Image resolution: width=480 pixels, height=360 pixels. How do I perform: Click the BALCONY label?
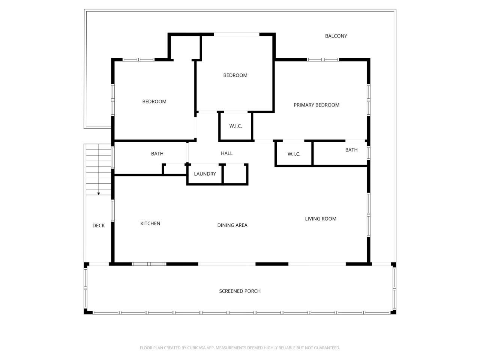336,36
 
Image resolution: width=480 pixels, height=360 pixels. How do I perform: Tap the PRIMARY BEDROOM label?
316,105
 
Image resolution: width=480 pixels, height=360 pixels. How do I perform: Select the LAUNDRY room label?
205,174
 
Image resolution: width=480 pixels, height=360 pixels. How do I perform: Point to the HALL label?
226,153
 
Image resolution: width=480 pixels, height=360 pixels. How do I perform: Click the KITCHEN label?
150,223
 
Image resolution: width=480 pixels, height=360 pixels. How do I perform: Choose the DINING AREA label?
232,225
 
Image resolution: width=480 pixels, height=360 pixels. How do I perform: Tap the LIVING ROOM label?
321,219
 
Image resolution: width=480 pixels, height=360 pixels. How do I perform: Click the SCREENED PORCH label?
240,291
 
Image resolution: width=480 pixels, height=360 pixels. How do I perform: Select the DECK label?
99,226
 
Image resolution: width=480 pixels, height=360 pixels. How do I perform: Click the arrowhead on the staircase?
99,193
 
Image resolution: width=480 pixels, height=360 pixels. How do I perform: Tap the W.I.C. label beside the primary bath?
294,154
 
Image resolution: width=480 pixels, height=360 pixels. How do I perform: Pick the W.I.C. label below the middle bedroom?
235,126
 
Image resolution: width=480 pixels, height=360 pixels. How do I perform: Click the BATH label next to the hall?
157,154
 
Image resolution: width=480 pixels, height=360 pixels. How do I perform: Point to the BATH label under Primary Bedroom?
351,150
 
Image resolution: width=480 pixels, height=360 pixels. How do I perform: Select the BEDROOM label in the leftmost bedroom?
154,102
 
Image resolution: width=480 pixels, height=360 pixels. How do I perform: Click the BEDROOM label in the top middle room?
235,75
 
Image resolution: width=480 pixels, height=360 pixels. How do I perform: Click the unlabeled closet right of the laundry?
235,174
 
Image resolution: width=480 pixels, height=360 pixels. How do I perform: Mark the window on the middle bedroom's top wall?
236,34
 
